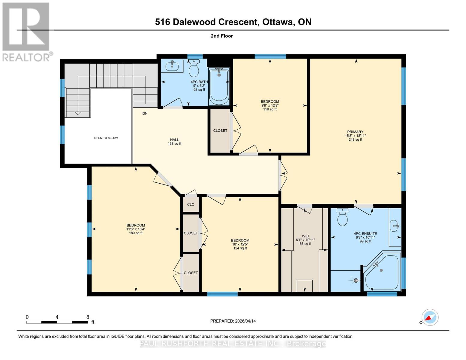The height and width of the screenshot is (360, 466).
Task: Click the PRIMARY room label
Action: coord(355,132)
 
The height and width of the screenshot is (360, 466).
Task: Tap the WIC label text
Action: coord(305,236)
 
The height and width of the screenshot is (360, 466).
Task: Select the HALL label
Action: coord(174,139)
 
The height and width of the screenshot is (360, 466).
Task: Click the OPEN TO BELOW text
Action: coord(106,138)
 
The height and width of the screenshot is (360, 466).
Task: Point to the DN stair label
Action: coord(145,113)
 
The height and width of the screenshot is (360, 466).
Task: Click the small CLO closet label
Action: coord(191,204)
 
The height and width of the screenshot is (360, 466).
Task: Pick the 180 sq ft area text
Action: coord(136,233)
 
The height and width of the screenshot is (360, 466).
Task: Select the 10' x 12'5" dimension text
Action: coord(240,244)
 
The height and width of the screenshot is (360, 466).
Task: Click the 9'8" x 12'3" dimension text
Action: coord(270,105)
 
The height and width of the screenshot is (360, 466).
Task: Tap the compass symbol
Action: coord(430,317)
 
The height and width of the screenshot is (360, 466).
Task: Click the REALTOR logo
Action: coord(26,31)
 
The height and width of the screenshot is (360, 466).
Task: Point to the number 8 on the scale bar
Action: coord(88,317)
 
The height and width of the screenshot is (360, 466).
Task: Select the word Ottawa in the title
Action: coord(278,22)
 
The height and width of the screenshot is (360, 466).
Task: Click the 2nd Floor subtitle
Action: coord(222,36)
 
